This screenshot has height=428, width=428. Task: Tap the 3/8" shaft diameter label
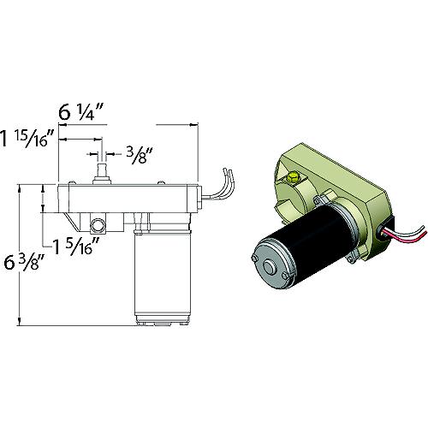136,154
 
